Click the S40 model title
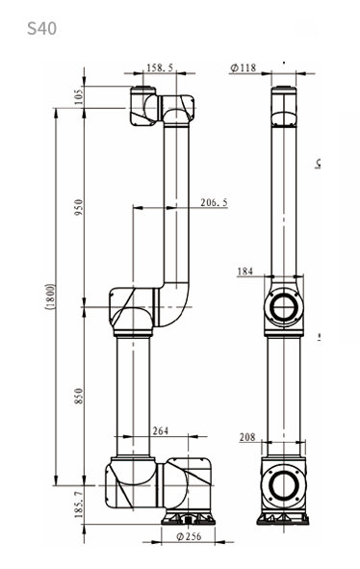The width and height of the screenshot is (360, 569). click(x=41, y=28)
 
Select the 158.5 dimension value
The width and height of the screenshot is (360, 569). click(x=160, y=67)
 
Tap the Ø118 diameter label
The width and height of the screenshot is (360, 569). click(x=244, y=67)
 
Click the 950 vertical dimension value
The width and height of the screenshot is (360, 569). click(x=79, y=207)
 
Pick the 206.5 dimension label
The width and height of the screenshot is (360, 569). click(x=214, y=202)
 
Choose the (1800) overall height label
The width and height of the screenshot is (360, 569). click(x=50, y=297)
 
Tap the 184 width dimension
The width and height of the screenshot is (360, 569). click(x=244, y=272)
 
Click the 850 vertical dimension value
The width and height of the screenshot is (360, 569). click(x=79, y=397)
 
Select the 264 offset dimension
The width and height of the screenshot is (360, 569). click(x=161, y=430)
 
